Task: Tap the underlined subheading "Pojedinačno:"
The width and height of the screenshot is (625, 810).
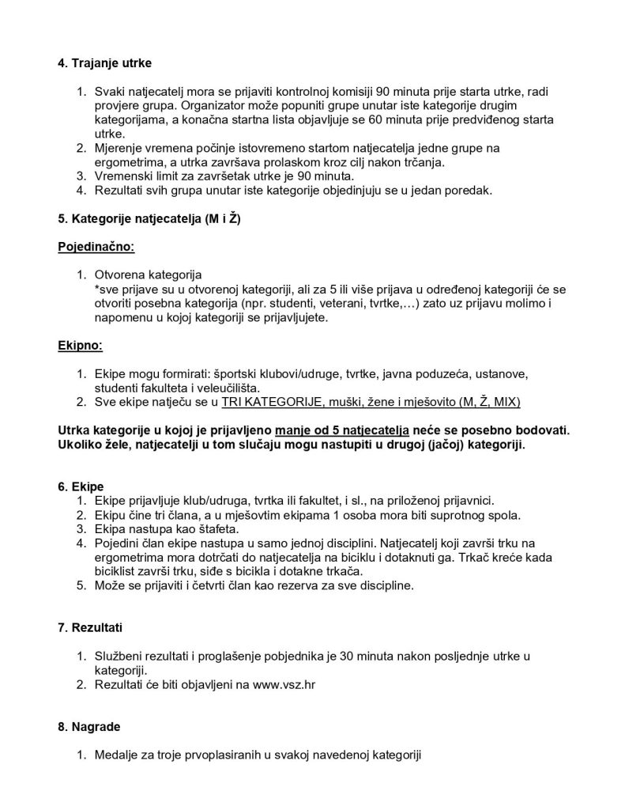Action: [x=96, y=247]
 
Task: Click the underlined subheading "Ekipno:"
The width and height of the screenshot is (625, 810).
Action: [x=81, y=346]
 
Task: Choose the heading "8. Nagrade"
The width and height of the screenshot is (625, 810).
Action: [x=92, y=725]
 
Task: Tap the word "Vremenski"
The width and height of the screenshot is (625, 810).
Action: [x=124, y=176]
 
